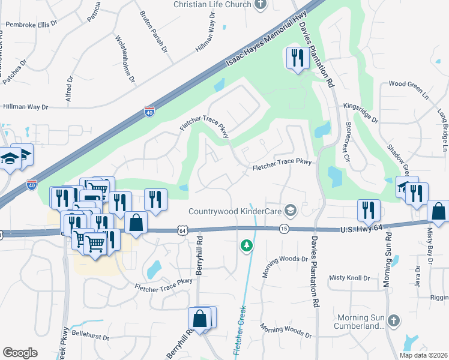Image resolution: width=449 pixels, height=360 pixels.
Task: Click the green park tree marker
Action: pos(246,245)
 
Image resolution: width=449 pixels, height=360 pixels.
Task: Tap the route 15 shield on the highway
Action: pos(284,229)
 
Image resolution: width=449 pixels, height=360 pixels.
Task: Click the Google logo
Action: pos(20,352)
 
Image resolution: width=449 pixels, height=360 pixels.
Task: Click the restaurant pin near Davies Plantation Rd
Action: pos(297,58)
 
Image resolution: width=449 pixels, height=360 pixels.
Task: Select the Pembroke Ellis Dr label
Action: pos(31,25)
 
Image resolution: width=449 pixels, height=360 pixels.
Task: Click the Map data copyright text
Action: pos(423,355)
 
